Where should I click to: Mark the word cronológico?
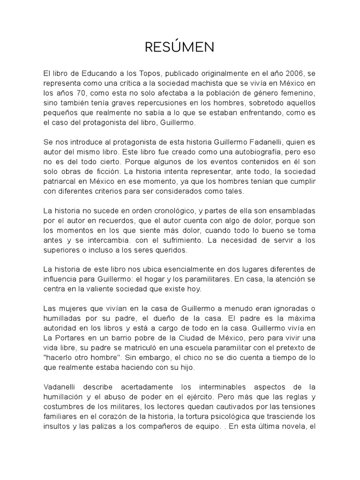click(177, 211)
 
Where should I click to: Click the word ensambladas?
click(292, 211)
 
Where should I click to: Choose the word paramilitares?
click(207, 280)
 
